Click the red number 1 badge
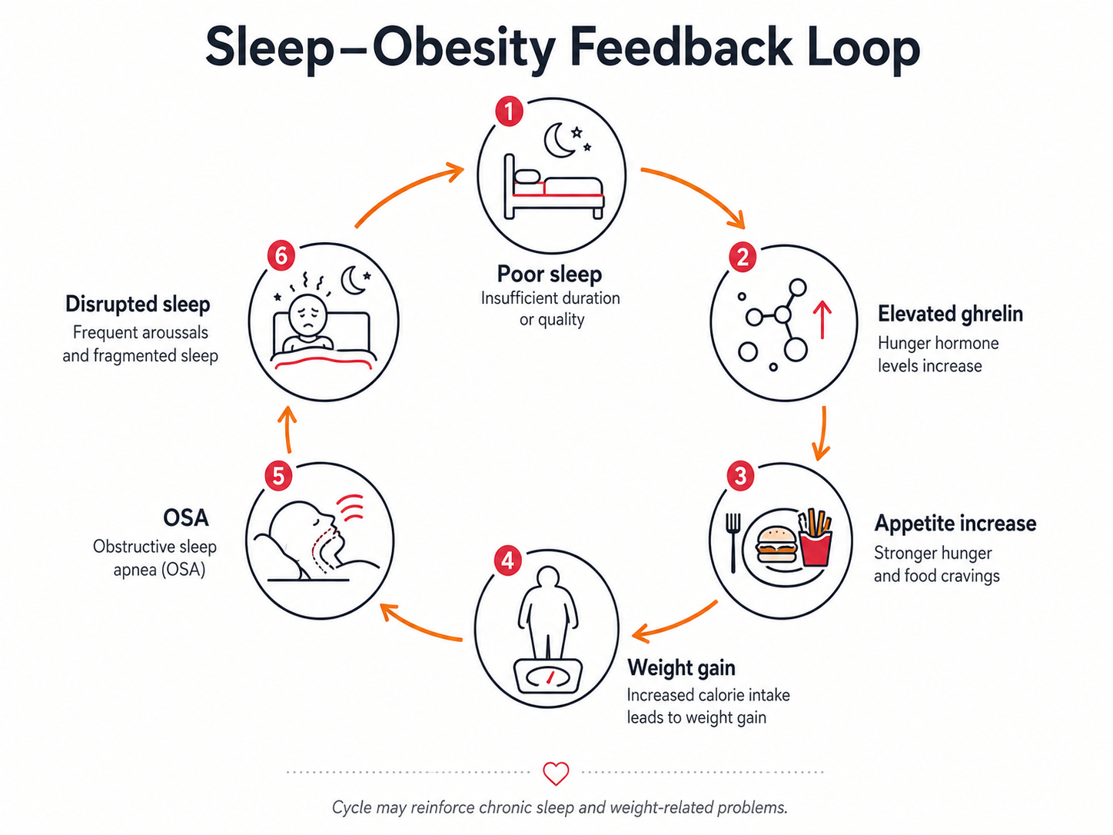click(x=509, y=111)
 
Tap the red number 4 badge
click(x=507, y=561)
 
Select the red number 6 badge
click(x=281, y=256)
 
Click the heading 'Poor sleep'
click(x=549, y=274)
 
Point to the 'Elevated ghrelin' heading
click(x=950, y=314)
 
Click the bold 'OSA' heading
click(x=185, y=517)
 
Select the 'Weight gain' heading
click(x=681, y=667)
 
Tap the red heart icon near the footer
click(x=556, y=773)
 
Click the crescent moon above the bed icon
click(x=559, y=139)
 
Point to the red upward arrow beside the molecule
click(x=822, y=320)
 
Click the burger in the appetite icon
click(x=776, y=544)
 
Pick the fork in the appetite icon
click(x=733, y=543)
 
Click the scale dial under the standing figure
click(x=548, y=677)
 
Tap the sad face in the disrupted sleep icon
click(x=307, y=314)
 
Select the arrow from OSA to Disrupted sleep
click(x=288, y=428)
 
